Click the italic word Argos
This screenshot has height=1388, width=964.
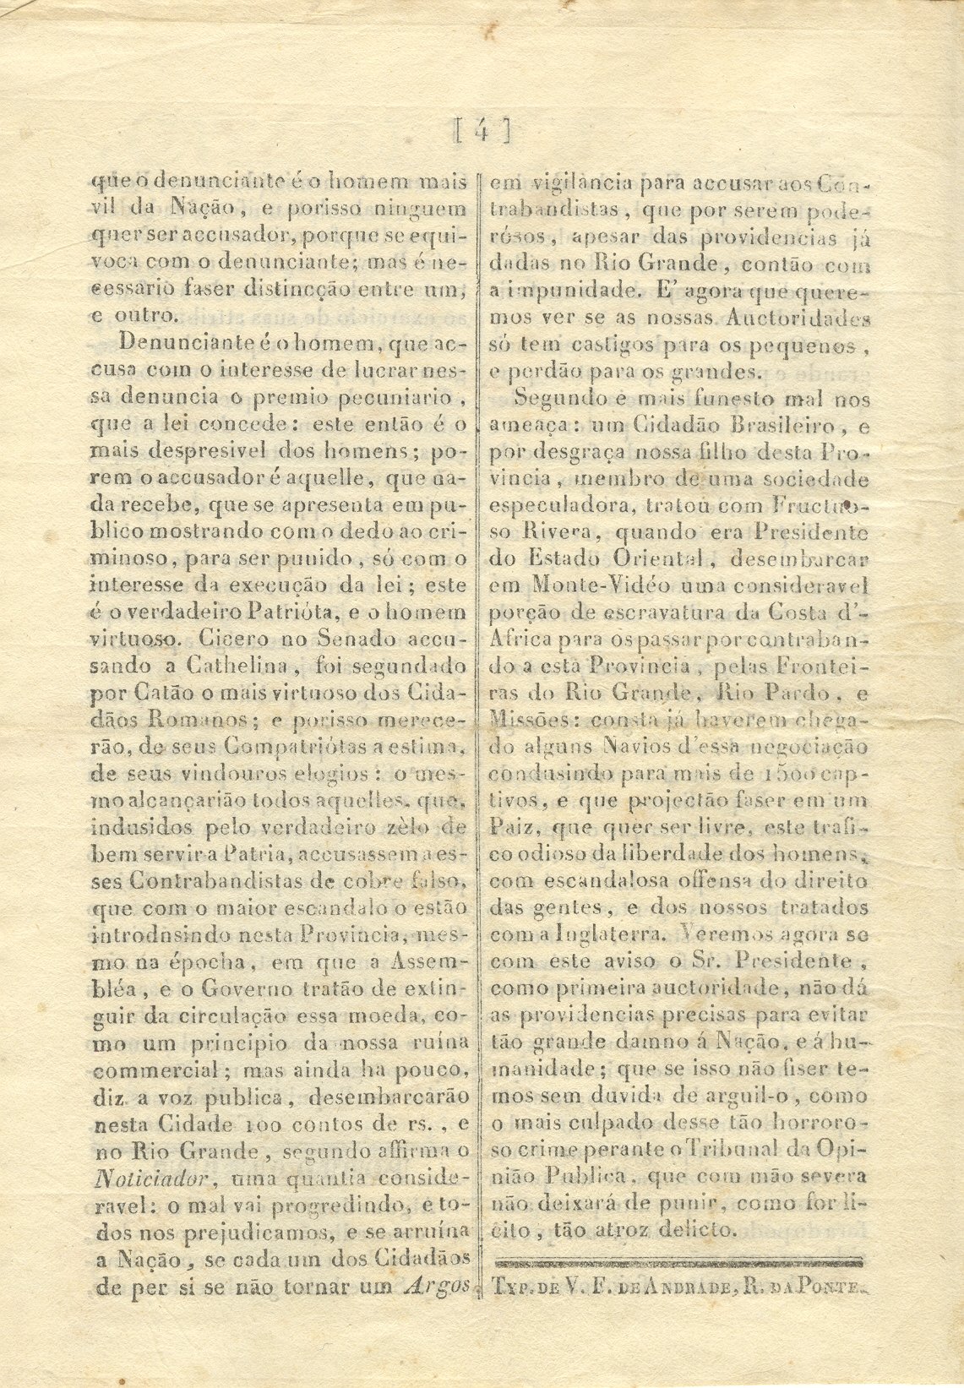437,1287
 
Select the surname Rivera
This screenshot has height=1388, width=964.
553,533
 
